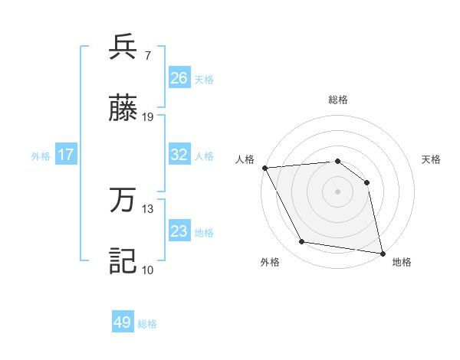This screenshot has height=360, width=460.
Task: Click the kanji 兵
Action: click(123, 47)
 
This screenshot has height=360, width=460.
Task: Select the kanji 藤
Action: click(123, 109)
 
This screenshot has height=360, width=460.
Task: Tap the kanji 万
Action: click(123, 200)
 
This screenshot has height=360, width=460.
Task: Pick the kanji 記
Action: click(123, 260)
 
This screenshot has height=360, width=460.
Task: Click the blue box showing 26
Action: click(179, 78)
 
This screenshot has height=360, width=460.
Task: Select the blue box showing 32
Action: click(179, 155)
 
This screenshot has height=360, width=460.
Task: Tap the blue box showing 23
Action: click(179, 231)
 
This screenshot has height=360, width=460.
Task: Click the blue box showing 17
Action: click(66, 155)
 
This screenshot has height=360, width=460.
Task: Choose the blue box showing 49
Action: click(123, 322)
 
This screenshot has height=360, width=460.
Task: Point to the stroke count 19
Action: click(148, 117)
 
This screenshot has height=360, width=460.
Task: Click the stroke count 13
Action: click(148, 208)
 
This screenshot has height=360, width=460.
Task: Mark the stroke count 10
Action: click(148, 270)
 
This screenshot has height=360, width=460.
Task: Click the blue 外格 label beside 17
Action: click(41, 156)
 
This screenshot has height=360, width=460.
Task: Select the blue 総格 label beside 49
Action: click(147, 324)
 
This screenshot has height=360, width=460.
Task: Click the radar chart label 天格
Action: click(432, 159)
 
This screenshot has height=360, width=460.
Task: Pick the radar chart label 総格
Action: click(338, 100)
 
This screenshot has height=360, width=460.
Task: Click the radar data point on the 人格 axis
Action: click(264, 168)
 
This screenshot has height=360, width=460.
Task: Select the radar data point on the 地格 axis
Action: click(382, 253)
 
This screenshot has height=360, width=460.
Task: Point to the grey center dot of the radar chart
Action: click(337, 191)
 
